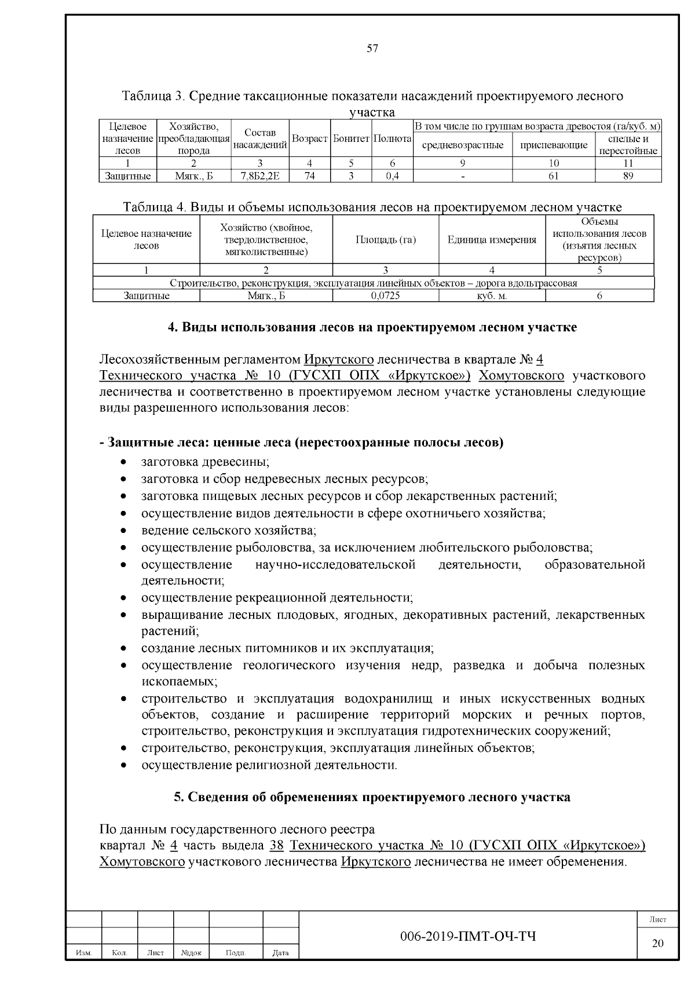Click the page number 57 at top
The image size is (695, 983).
(372, 49)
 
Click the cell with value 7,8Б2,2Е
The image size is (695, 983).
(260, 176)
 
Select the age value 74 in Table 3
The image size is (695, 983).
(309, 176)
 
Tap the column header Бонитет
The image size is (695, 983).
(351, 140)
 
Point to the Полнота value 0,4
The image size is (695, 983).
(392, 176)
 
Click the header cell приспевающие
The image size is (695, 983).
(554, 145)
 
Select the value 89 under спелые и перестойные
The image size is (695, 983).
(628, 176)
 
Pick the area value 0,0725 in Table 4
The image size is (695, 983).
(385, 295)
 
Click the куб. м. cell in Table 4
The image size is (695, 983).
(492, 295)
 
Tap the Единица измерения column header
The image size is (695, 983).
(492, 240)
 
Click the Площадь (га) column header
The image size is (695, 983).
(385, 240)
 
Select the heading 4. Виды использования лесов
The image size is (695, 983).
(372, 327)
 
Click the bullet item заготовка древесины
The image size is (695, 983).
(206, 462)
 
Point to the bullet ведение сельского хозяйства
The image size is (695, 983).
(229, 530)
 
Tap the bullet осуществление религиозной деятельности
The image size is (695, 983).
(269, 765)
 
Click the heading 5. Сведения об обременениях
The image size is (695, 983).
(372, 797)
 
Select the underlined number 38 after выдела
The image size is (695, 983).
(276, 845)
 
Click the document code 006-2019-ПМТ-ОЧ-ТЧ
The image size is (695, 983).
(468, 936)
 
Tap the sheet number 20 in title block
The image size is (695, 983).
(657, 943)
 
